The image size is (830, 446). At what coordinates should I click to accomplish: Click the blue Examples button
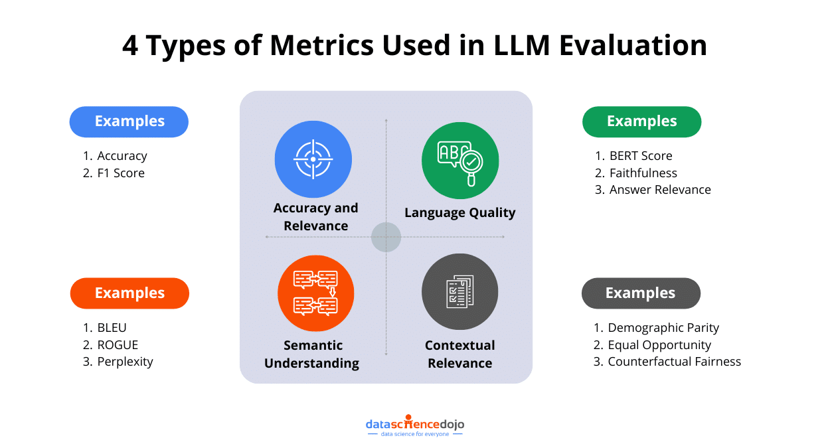[129, 121]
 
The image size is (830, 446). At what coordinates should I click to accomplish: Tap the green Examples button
[641, 121]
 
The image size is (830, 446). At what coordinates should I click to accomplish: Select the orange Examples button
[129, 293]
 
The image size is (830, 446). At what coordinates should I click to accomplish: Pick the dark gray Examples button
[641, 293]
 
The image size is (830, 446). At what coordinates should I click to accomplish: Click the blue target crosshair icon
[313, 159]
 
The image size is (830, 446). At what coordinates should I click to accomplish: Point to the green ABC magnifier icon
[460, 160]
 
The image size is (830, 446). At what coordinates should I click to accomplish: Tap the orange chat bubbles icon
[316, 293]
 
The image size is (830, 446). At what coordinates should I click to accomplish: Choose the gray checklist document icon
[459, 292]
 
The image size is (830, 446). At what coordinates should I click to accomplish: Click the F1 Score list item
[120, 173]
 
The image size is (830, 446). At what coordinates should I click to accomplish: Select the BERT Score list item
[641, 156]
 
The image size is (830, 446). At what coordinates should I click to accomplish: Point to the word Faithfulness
[643, 173]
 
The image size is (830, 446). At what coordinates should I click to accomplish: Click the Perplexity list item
[125, 362]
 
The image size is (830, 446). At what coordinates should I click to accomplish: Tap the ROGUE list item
[118, 345]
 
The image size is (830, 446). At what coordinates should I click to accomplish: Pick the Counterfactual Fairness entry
[674, 362]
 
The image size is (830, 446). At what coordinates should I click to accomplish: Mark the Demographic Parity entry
[663, 328]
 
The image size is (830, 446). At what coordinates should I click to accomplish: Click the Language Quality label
[460, 213]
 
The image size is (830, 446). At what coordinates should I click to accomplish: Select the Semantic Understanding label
[312, 354]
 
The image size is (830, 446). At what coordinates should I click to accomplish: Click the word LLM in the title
[515, 46]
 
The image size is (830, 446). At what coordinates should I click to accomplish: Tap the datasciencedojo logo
[415, 426]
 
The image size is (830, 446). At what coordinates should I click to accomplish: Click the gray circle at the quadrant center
[386, 237]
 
